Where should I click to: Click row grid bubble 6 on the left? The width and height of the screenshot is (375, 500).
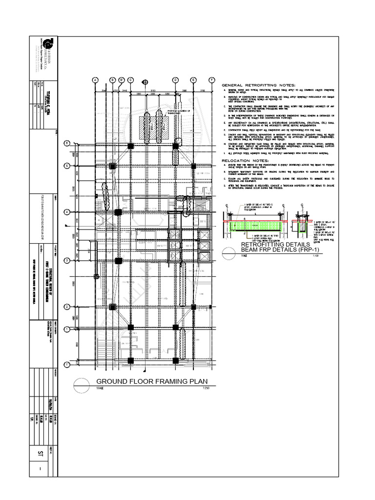coord(67,143)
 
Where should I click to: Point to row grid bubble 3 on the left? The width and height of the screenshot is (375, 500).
coord(67,260)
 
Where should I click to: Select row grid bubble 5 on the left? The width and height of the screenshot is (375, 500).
coord(67,166)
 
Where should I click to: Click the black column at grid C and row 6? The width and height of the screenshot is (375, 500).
coord(130,146)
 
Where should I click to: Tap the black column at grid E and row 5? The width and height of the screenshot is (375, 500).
coord(193,166)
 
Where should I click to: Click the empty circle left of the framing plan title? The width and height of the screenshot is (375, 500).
coord(82,382)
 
